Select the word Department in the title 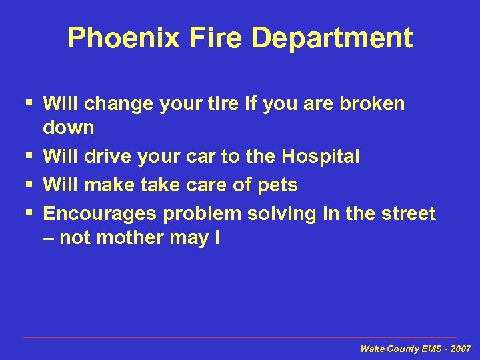(x=331, y=38)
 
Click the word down (x=69, y=127)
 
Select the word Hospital (x=320, y=157)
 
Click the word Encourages (x=101, y=215)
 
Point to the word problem (x=203, y=215)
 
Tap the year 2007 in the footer (x=459, y=349)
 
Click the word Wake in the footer (x=372, y=349)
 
